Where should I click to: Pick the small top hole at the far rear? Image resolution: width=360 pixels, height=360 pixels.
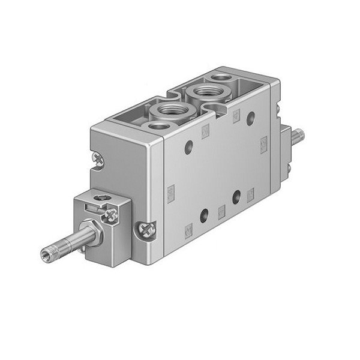[221, 77]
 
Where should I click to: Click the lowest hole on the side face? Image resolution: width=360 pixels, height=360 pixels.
[204, 213]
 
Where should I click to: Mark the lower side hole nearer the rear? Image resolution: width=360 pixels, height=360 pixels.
[236, 195]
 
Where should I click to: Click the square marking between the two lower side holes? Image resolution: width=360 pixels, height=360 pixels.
[221, 209]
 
